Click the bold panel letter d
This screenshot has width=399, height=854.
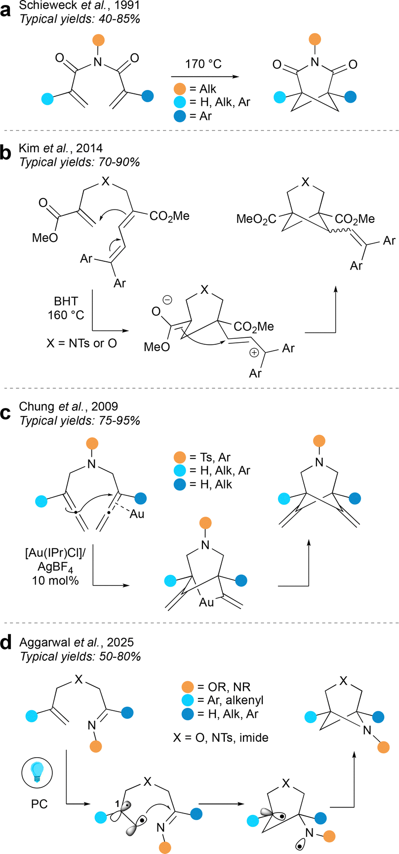pyautogui.click(x=7, y=644)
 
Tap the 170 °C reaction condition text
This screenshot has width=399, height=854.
pyautogui.click(x=204, y=64)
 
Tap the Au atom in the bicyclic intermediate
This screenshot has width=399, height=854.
pyautogui.click(x=206, y=602)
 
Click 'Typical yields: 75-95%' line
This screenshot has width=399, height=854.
pyautogui.click(x=80, y=420)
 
